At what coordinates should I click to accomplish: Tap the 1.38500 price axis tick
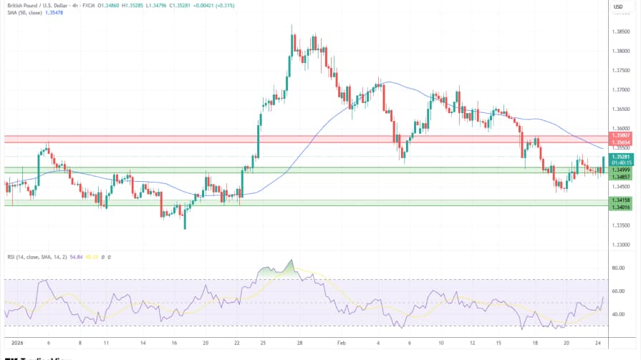click(621, 31)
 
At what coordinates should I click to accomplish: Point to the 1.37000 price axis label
click(621, 89)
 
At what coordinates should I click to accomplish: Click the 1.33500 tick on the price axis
click(621, 225)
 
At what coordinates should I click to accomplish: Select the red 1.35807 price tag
click(620, 135)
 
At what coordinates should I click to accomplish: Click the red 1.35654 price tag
click(620, 142)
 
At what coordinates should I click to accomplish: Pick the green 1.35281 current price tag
click(620, 156)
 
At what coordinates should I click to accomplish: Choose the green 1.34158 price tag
click(620, 200)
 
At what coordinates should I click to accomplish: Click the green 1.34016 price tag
click(620, 206)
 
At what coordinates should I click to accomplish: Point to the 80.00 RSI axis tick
click(618, 268)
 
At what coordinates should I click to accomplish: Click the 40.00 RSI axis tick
click(618, 314)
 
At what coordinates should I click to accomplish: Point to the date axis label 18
click(535, 343)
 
